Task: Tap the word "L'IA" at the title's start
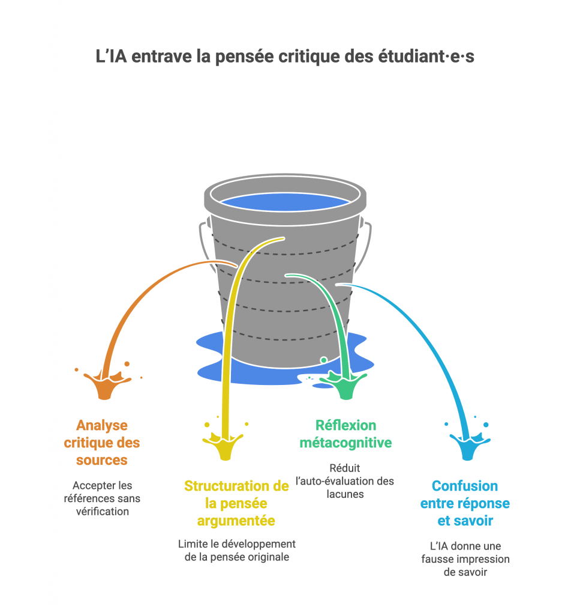[113, 58]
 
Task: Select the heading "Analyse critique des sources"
[102, 443]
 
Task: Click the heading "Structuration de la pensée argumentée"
[236, 503]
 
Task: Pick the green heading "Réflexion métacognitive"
[345, 434]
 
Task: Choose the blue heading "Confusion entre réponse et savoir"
[465, 503]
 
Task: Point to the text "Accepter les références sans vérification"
[102, 498]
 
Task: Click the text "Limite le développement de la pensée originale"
[236, 550]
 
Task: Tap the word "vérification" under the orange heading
[102, 511]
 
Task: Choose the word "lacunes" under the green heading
[345, 494]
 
